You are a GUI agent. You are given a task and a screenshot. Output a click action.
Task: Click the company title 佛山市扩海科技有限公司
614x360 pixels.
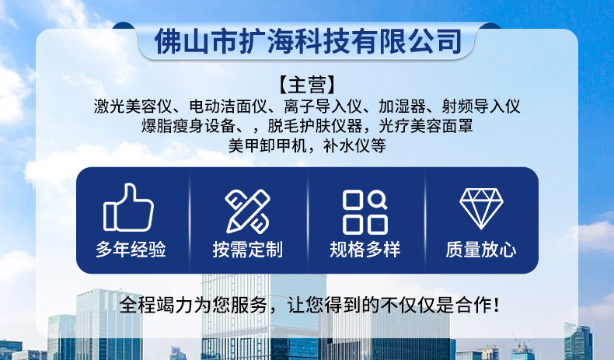308,40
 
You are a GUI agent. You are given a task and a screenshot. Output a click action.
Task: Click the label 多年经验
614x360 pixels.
131,250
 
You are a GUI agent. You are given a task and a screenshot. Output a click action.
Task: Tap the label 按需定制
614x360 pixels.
247,250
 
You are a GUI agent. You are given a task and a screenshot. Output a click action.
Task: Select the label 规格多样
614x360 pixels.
365,250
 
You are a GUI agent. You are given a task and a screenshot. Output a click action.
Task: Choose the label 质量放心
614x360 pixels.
481,250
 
